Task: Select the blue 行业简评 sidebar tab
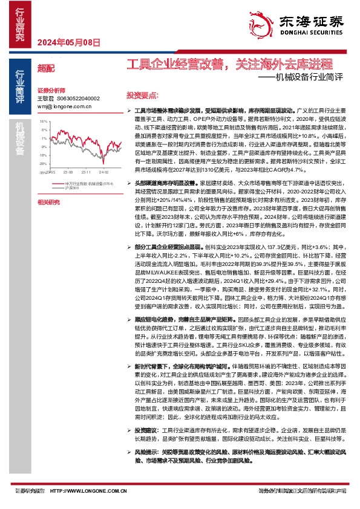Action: [20, 83]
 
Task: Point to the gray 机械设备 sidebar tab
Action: [20, 139]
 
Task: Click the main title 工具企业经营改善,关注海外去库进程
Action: [229, 63]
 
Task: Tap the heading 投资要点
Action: [142, 96]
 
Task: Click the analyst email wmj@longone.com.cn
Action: [64, 106]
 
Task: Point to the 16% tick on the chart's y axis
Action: [43, 121]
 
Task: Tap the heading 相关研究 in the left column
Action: [48, 201]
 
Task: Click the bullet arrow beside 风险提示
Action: [129, 451]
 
